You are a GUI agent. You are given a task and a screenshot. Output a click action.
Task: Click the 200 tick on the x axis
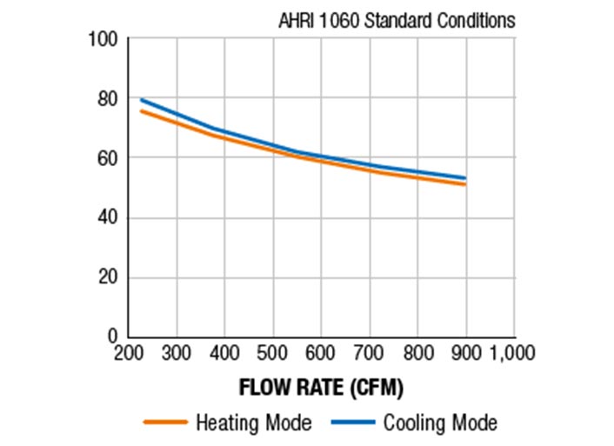click(x=129, y=353)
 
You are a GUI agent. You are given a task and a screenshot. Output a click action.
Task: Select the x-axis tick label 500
click(x=273, y=353)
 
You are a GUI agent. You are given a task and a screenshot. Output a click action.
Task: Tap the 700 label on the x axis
click(x=370, y=353)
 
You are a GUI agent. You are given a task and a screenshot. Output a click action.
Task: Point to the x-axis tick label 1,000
click(x=512, y=353)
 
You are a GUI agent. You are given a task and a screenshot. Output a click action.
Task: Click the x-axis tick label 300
click(x=177, y=353)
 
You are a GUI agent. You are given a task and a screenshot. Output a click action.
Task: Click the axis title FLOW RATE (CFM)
click(x=321, y=387)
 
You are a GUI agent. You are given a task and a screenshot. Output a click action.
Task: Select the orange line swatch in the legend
click(x=164, y=423)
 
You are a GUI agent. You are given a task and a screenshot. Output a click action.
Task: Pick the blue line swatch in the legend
click(x=352, y=423)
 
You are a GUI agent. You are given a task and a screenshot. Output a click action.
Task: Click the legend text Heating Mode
click(x=253, y=423)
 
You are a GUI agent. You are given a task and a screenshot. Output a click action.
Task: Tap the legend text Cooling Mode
click(x=440, y=423)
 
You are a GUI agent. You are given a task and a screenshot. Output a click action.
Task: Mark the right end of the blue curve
click(x=466, y=178)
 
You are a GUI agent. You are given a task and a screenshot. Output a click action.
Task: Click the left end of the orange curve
click(x=141, y=110)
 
